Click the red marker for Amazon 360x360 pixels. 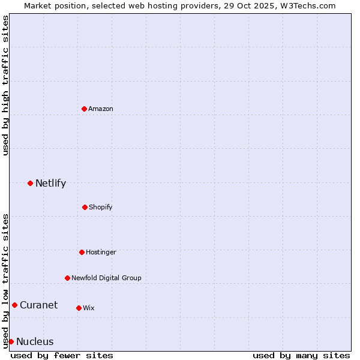84,109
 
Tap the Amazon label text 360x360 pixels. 101,109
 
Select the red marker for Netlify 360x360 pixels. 30,183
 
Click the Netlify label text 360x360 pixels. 50,184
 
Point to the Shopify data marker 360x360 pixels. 85,207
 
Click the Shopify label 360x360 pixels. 101,208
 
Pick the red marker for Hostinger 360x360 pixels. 82,252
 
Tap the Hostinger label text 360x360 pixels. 101,253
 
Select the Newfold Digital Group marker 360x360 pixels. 67,278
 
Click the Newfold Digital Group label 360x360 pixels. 106,278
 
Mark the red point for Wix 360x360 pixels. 79,308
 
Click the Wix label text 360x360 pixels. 89,308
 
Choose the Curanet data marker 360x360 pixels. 14,305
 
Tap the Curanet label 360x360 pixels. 38,305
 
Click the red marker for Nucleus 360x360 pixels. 11,341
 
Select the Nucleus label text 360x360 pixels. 35,342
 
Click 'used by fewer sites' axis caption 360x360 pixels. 62,355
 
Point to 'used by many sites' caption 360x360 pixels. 301,355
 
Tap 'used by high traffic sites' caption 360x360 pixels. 5,86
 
